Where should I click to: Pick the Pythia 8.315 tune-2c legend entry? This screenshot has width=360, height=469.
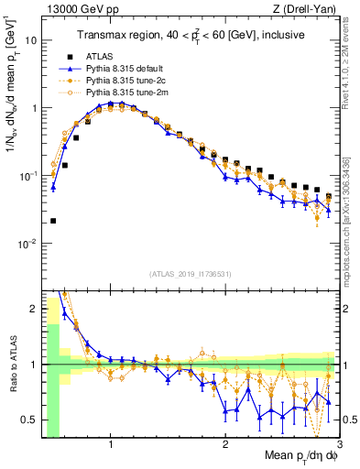pyautogui.click(x=125, y=80)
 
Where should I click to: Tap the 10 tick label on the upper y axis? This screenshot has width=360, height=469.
pyautogui.click(x=31, y=40)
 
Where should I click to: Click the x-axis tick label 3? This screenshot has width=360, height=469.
pyautogui.click(x=338, y=446)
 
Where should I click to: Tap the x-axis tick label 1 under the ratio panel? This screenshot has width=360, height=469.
pyautogui.click(x=111, y=446)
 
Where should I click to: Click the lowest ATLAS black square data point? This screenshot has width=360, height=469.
pyautogui.click(x=53, y=221)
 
